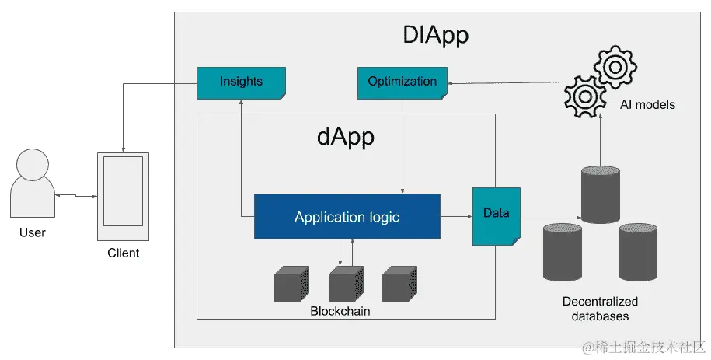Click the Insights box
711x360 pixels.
click(241, 82)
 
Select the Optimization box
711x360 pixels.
click(403, 82)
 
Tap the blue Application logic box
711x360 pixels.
click(347, 217)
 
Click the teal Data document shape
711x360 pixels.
click(497, 216)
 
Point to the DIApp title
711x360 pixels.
click(435, 35)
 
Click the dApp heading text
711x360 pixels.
click(346, 137)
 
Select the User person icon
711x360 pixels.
click(33, 183)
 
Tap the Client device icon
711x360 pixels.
click(123, 197)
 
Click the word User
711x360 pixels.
click(33, 232)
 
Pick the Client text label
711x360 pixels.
click(124, 253)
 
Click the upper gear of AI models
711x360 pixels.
click(615, 67)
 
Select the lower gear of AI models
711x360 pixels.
click(585, 96)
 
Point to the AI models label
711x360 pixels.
click(647, 104)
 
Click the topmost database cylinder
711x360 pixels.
click(601, 194)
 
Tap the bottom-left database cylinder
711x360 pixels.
click(563, 252)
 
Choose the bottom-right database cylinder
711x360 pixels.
click(639, 252)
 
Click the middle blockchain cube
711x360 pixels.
click(346, 284)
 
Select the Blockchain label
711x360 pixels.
click(340, 311)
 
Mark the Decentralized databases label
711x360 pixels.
click(601, 309)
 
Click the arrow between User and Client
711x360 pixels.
click(76, 196)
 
